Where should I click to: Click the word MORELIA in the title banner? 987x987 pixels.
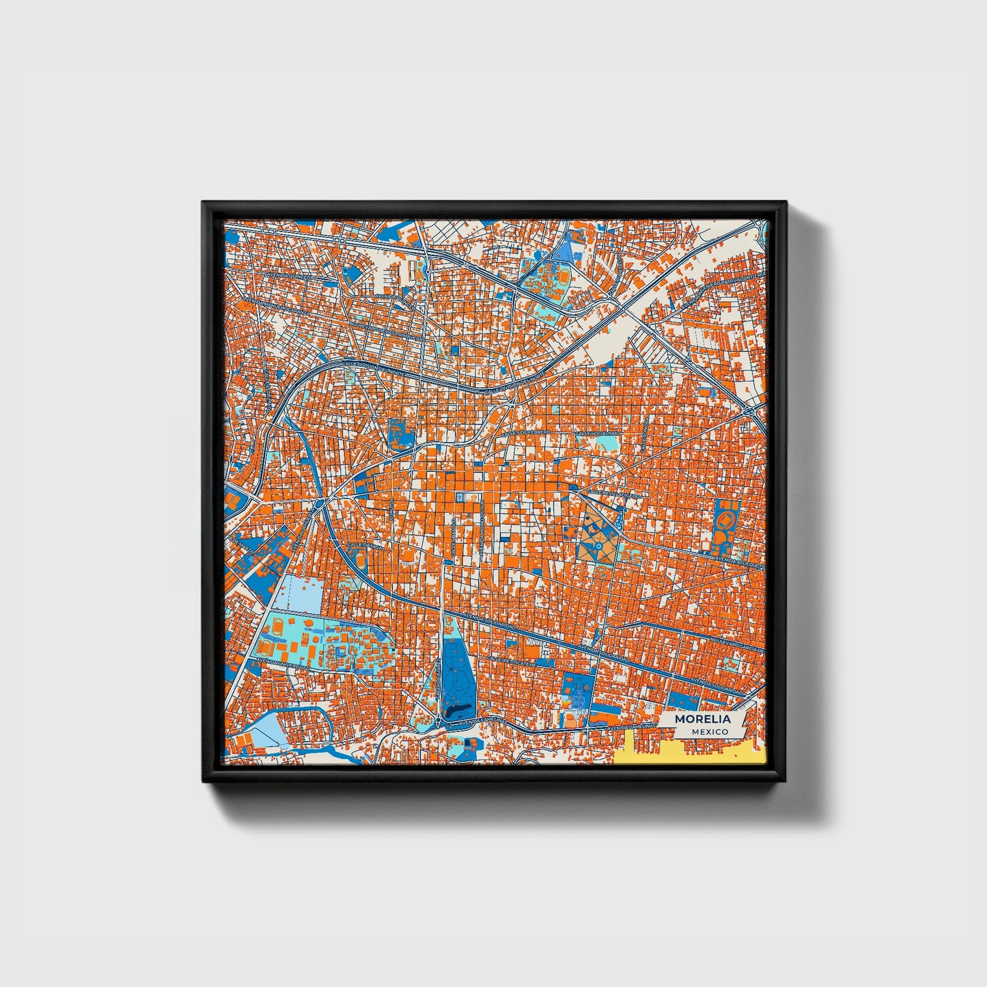(x=702, y=719)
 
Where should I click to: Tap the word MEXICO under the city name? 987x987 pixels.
(x=709, y=732)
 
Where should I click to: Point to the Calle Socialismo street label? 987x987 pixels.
(x=597, y=434)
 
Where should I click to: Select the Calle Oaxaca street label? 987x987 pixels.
(x=365, y=546)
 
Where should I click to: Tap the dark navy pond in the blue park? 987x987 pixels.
(x=458, y=710)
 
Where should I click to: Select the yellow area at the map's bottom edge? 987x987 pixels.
(x=690, y=753)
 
